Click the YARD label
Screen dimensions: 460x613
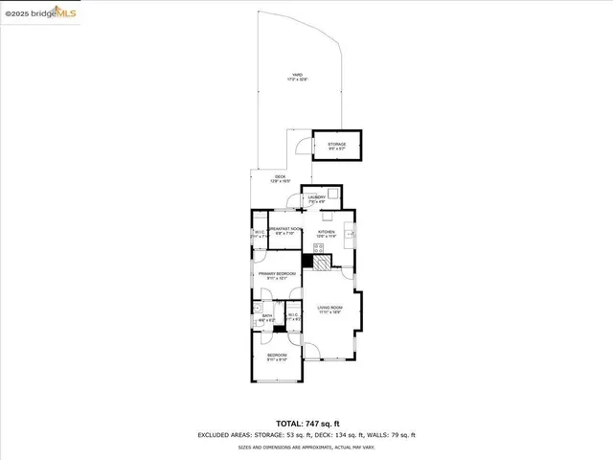299,78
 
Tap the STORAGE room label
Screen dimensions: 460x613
337,146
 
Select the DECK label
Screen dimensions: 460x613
281,178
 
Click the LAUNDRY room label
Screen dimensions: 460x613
317,199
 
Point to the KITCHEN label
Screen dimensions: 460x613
326,231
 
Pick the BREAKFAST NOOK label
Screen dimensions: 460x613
284,230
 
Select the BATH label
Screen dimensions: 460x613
267,316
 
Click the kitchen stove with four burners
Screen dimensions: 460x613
317,247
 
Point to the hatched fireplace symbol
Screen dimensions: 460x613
322,261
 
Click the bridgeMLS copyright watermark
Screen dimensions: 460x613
40,13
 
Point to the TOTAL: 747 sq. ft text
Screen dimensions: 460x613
306,423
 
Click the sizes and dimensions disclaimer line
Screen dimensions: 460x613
306,447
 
